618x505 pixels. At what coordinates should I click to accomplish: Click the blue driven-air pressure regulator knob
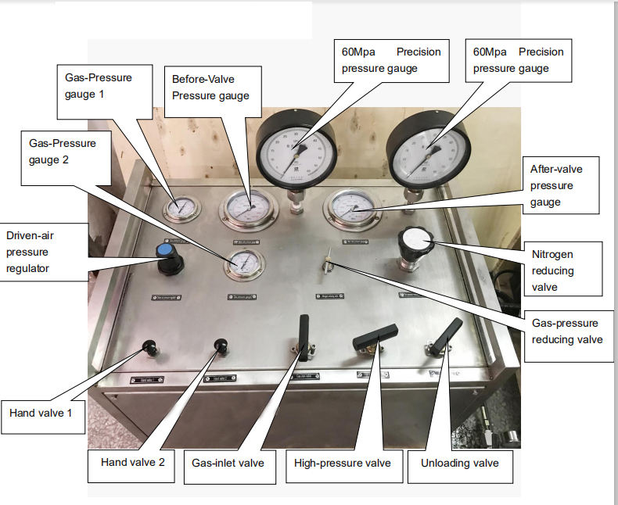(x=165, y=252)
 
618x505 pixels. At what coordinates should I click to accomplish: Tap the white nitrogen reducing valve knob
(x=414, y=240)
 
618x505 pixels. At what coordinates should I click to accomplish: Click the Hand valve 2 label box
(x=132, y=462)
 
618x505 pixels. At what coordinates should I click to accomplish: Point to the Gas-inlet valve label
(x=228, y=463)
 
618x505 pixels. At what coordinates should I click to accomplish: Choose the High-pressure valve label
(x=342, y=463)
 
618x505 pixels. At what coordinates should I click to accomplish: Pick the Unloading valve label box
(x=460, y=463)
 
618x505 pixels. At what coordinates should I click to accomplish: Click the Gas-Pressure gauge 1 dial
(x=181, y=208)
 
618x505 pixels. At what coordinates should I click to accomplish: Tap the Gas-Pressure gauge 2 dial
(x=243, y=264)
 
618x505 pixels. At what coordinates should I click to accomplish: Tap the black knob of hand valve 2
(x=220, y=344)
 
